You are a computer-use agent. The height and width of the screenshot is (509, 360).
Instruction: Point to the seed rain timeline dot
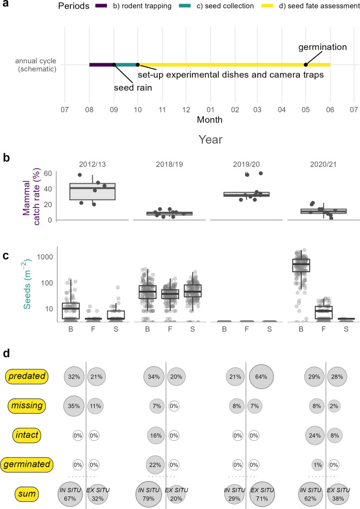click(114, 65)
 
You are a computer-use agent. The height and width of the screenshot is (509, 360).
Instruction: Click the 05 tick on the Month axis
click(306, 109)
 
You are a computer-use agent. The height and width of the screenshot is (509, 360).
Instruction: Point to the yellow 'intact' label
click(27, 434)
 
